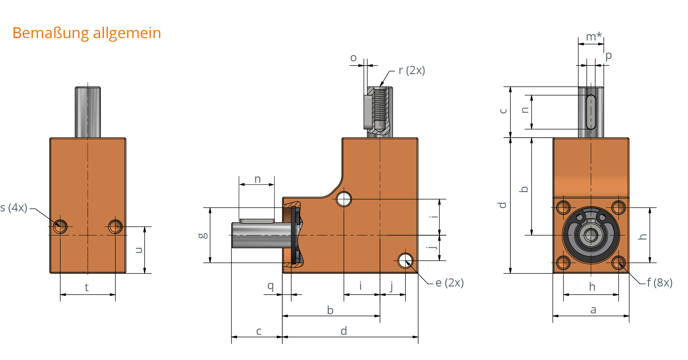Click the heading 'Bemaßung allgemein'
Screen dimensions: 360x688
click(x=87, y=33)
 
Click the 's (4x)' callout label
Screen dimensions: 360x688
click(x=14, y=208)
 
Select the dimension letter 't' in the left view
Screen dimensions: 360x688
click(x=87, y=287)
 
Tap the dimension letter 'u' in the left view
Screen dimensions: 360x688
click(x=139, y=250)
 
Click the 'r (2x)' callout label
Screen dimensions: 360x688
click(x=411, y=70)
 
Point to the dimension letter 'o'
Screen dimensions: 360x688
click(x=353, y=58)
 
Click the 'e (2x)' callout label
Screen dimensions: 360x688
click(x=449, y=283)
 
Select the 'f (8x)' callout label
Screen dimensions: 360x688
click(x=660, y=283)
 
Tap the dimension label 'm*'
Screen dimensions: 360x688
click(x=594, y=37)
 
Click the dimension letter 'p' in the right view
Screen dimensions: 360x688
click(x=608, y=56)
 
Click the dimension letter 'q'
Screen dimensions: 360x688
click(x=270, y=286)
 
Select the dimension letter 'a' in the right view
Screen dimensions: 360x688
click(x=593, y=309)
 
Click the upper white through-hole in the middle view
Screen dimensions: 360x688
click(x=344, y=199)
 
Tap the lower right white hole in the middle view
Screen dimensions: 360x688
click(x=405, y=260)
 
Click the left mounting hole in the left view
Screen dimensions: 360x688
click(x=60, y=226)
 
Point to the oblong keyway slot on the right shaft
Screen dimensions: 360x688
click(x=591, y=112)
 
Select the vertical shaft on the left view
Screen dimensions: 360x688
click(x=88, y=112)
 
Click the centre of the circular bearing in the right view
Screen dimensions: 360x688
click(x=591, y=235)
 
